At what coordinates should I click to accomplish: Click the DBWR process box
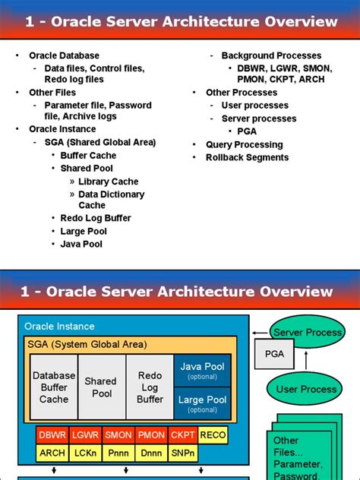pos(52,435)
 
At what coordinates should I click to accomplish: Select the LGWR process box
pos(87,435)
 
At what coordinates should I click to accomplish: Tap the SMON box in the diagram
pos(119,435)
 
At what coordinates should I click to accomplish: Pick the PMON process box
pos(151,435)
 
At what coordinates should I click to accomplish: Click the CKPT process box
pos(182,435)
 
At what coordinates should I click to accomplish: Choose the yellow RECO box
pos(213,435)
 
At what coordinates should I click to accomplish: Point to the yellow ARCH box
pos(52,453)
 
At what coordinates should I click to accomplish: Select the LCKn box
pos(87,453)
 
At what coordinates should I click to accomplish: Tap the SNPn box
pos(182,453)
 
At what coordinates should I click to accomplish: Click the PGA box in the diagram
pos(274,354)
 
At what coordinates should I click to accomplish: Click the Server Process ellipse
pos(307,333)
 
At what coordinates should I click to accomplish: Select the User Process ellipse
pos(306,389)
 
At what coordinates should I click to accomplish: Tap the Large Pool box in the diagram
pos(202,403)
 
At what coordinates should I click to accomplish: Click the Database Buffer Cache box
pos(54,387)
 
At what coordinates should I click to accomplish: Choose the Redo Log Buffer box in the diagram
pos(150,387)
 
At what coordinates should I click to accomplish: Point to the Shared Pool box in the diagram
pos(101,387)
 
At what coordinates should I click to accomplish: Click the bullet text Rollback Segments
pos(247,157)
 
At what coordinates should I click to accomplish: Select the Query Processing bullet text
pos(244,144)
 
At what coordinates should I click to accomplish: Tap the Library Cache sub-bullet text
pos(108,182)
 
